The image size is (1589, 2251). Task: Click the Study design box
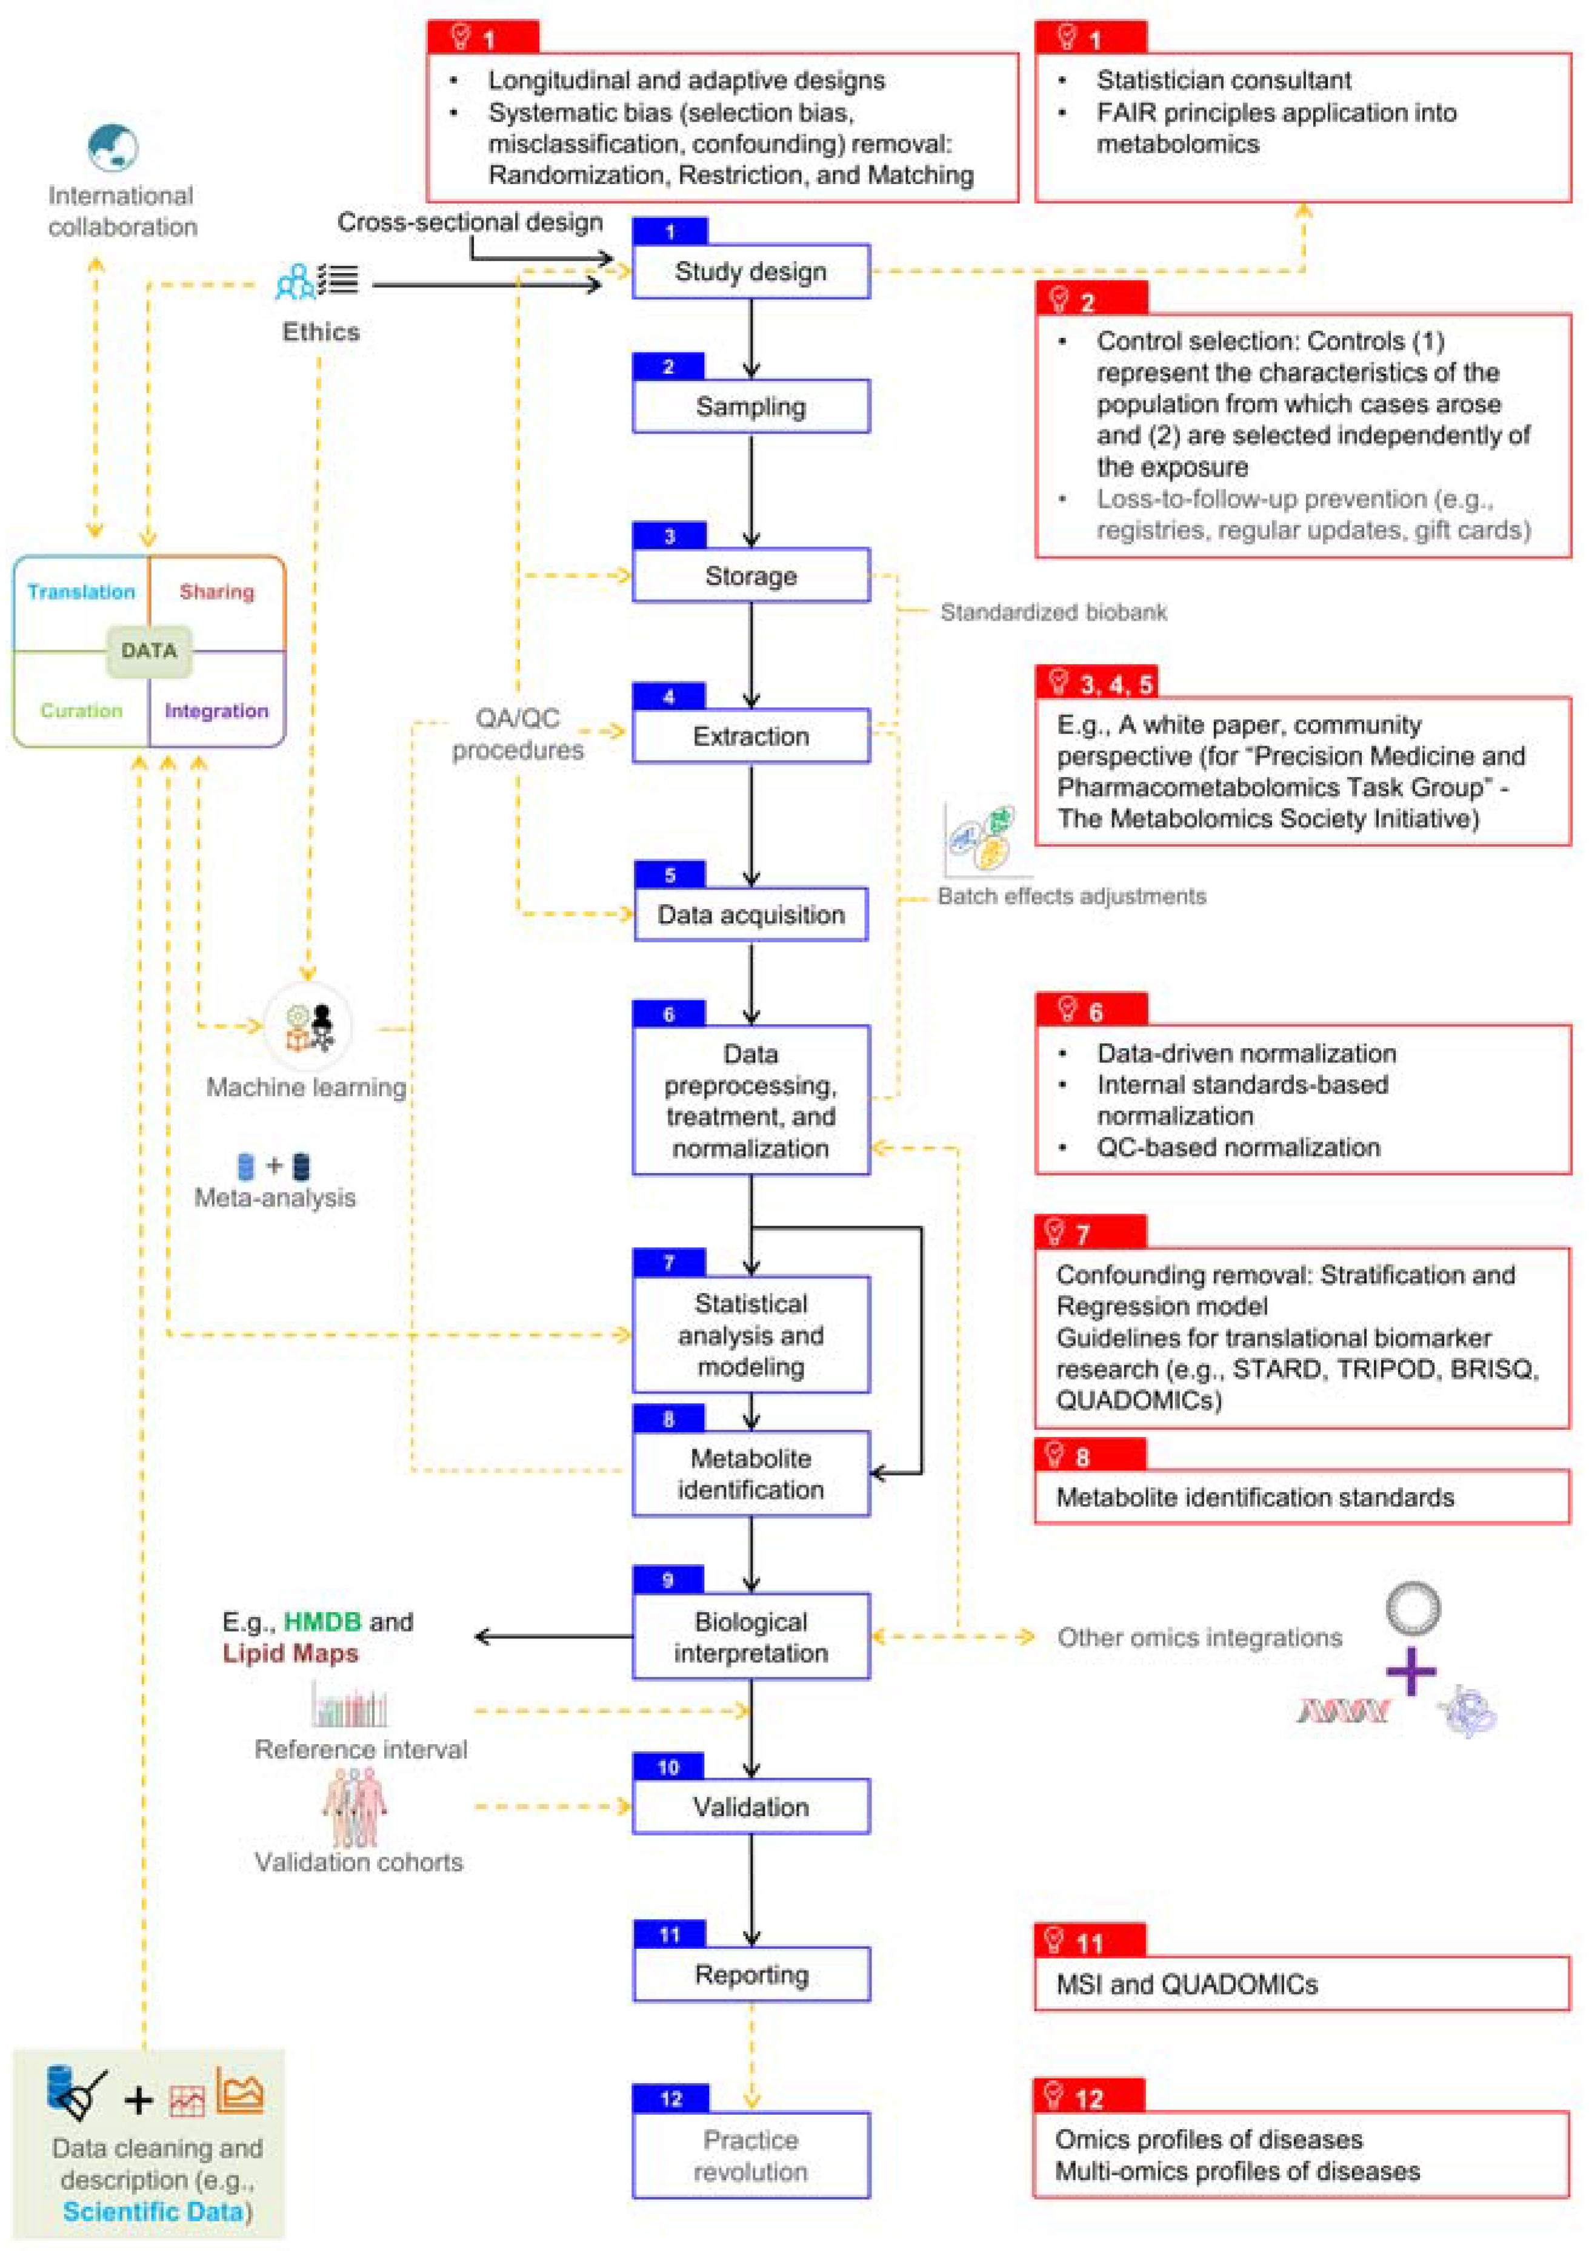[x=750, y=271]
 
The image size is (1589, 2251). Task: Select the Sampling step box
[x=750, y=406]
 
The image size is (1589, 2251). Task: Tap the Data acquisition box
[x=750, y=914]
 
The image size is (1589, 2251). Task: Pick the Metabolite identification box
[x=750, y=1473]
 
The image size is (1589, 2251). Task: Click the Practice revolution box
[x=750, y=2155]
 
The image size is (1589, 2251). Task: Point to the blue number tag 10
[x=668, y=1767]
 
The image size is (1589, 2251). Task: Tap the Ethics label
[x=321, y=331]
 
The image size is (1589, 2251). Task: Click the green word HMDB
[x=322, y=1622]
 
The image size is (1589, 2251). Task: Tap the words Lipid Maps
[x=290, y=1653]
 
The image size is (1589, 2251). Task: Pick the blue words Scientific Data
[x=152, y=2212]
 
